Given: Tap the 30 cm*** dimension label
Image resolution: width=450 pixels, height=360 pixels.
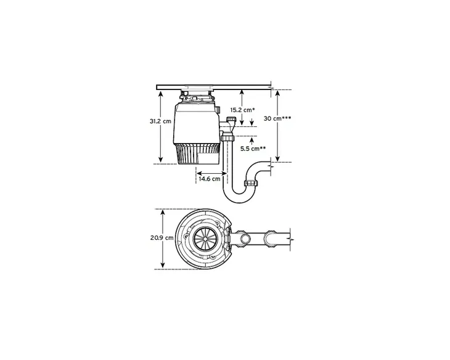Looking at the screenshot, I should point(277,118).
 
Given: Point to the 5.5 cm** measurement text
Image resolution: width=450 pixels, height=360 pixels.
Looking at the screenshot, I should point(253,149).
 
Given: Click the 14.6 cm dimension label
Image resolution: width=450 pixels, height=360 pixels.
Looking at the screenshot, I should point(210,178).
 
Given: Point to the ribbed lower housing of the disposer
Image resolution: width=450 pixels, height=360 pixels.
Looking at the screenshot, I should point(198,154).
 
